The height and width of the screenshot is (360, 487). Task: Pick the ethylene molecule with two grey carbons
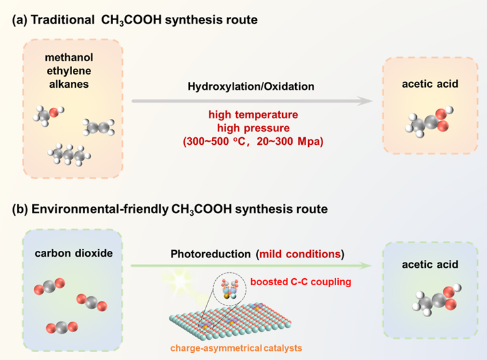coord(98,127)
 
